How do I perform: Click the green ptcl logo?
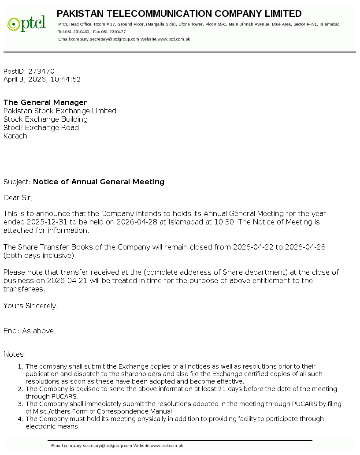(x=26, y=23)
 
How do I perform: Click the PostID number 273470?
(x=41, y=71)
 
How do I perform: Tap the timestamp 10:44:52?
(x=66, y=80)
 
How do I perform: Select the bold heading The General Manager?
(x=45, y=103)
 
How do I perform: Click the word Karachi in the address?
(x=16, y=136)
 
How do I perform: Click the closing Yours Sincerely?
(x=30, y=306)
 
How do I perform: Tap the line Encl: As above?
(x=30, y=331)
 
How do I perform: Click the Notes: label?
(x=15, y=354)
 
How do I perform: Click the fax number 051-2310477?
(x=113, y=32)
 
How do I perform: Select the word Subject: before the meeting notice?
(x=17, y=182)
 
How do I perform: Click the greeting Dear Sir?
(x=18, y=198)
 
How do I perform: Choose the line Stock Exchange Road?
(x=41, y=128)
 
